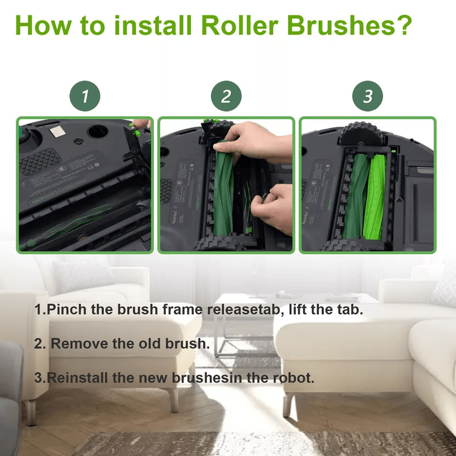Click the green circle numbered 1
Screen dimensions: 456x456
[x=85, y=96]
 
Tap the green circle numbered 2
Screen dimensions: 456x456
[x=226, y=96]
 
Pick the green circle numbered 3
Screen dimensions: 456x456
[x=368, y=96]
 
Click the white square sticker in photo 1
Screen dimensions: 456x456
[x=56, y=132]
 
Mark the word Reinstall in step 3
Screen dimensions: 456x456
[x=75, y=377]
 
